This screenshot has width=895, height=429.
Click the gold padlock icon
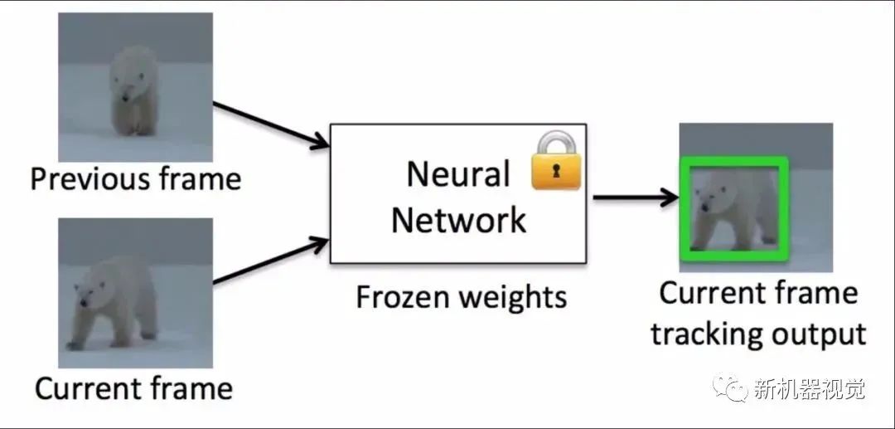(x=556, y=160)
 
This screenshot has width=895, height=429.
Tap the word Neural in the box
(x=457, y=173)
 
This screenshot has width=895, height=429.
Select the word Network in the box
(x=458, y=220)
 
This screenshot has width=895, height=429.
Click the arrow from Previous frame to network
(x=270, y=125)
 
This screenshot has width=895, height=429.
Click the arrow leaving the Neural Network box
(x=636, y=197)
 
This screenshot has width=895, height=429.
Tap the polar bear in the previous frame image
(x=133, y=91)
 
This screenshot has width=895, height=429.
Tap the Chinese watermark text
(x=810, y=389)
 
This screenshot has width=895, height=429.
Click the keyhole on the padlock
(x=556, y=172)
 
